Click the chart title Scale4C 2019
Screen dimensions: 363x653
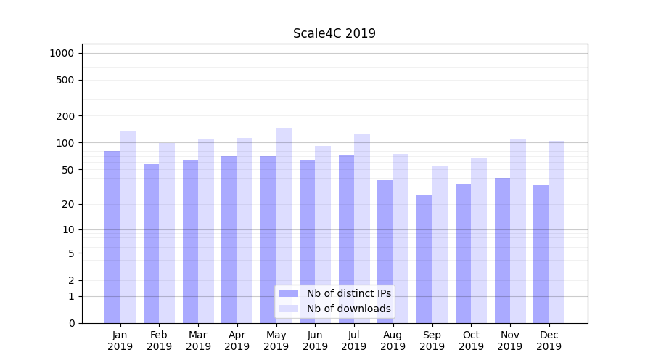tap(334, 33)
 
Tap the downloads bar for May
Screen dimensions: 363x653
tap(284, 225)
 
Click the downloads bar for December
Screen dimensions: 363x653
tap(557, 232)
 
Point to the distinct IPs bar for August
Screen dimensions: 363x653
tap(385, 251)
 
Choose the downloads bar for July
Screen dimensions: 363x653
tap(362, 228)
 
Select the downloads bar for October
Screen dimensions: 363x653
tap(479, 240)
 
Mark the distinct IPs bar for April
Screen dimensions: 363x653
tap(229, 240)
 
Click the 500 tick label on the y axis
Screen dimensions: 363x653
tap(66, 80)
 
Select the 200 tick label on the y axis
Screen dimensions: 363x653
tap(66, 116)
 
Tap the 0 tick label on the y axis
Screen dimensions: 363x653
tap(72, 323)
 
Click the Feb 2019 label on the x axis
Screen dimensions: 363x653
tap(159, 340)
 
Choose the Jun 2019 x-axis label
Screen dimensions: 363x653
tap(315, 340)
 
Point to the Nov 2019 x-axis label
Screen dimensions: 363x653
tap(510, 340)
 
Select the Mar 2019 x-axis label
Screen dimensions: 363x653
tap(198, 340)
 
